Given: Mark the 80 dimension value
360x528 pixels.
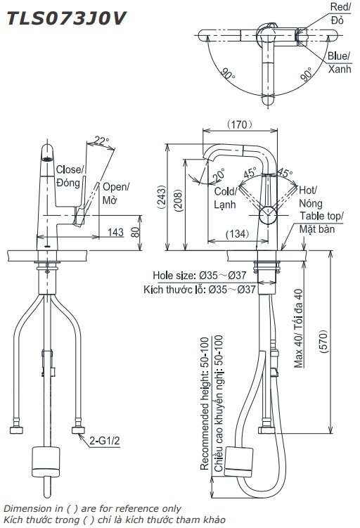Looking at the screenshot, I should (134, 231).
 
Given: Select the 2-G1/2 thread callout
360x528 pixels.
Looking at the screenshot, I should (104, 441).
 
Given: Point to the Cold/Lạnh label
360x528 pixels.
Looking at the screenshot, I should (225, 198).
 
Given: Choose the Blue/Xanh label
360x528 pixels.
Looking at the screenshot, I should (338, 62).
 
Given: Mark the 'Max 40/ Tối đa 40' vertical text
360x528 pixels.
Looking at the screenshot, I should (298, 328).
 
